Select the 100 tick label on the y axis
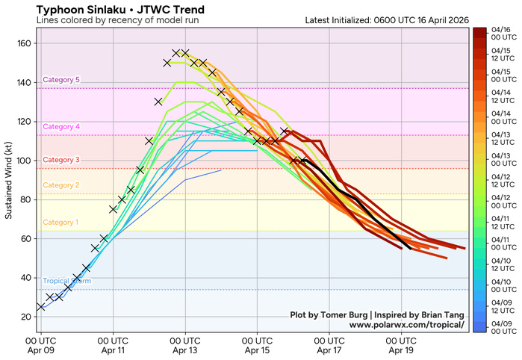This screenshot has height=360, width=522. (x=24, y=161)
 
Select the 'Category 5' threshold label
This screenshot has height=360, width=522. (x=61, y=80)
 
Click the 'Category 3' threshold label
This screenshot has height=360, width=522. (x=61, y=160)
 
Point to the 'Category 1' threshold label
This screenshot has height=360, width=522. (x=61, y=223)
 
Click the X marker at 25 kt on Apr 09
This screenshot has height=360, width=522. (x=40, y=307)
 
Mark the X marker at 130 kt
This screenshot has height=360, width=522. (x=158, y=102)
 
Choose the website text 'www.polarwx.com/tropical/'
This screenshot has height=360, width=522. (x=406, y=325)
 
